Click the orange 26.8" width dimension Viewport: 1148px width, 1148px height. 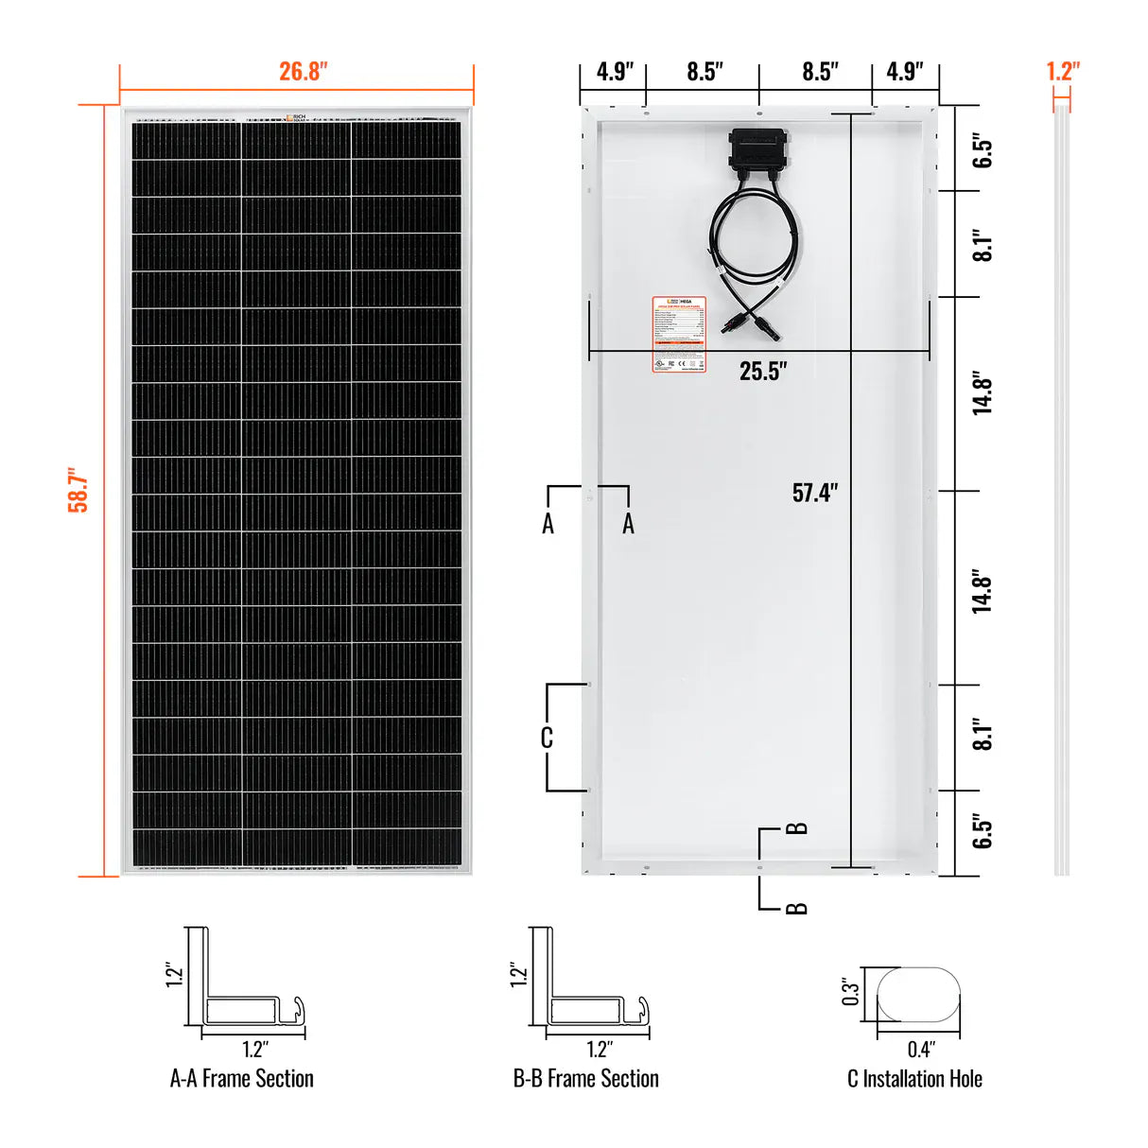point(303,72)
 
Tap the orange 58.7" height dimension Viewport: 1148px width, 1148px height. point(78,490)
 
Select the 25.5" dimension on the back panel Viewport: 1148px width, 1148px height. point(763,371)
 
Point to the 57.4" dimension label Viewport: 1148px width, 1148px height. point(815,493)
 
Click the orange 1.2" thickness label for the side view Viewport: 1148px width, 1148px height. point(1062,72)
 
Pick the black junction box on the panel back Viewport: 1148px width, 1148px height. point(757,148)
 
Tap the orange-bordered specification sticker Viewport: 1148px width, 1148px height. point(679,334)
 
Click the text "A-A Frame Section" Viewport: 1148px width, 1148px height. point(241,1079)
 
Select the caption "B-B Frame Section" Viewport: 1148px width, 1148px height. point(585,1079)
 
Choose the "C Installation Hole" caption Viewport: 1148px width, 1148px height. point(914,1079)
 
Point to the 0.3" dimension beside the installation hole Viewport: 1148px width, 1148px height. point(851,991)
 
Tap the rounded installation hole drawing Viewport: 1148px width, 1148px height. point(918,994)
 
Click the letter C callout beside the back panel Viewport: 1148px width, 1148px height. point(547,738)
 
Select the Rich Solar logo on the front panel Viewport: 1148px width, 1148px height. point(296,118)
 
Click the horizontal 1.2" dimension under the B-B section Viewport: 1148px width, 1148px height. point(599,1049)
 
